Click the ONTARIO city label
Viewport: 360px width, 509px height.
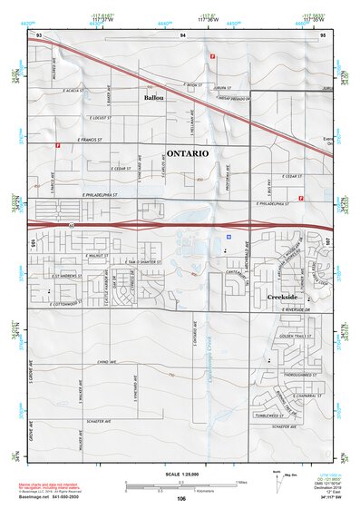pyautogui.click(x=188, y=154)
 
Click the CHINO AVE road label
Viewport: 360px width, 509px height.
pyautogui.click(x=107, y=361)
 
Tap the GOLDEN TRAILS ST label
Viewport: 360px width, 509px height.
pyautogui.click(x=297, y=336)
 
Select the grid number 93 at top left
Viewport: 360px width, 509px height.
pyautogui.click(x=38, y=34)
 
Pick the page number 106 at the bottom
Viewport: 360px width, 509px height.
pyautogui.click(x=181, y=498)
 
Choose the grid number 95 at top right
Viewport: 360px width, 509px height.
pyautogui.click(x=322, y=34)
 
